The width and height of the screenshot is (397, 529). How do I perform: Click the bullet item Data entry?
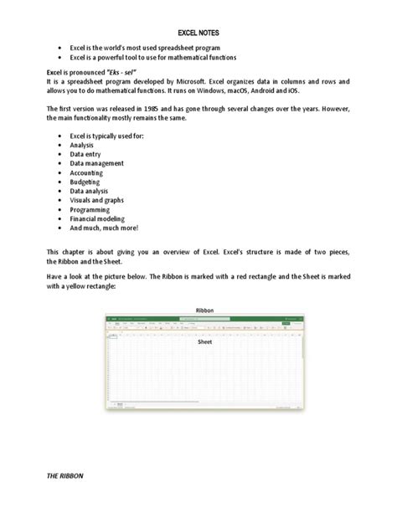[88, 155]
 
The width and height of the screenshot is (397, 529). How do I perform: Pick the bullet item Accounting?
[89, 173]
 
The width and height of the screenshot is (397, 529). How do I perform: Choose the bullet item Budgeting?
[88, 182]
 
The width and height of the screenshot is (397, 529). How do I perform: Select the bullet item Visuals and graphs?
[100, 202]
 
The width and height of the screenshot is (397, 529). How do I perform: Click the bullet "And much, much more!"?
[104, 229]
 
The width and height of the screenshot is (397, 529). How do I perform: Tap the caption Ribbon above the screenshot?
[204, 311]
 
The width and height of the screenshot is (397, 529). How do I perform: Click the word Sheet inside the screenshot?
[204, 342]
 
